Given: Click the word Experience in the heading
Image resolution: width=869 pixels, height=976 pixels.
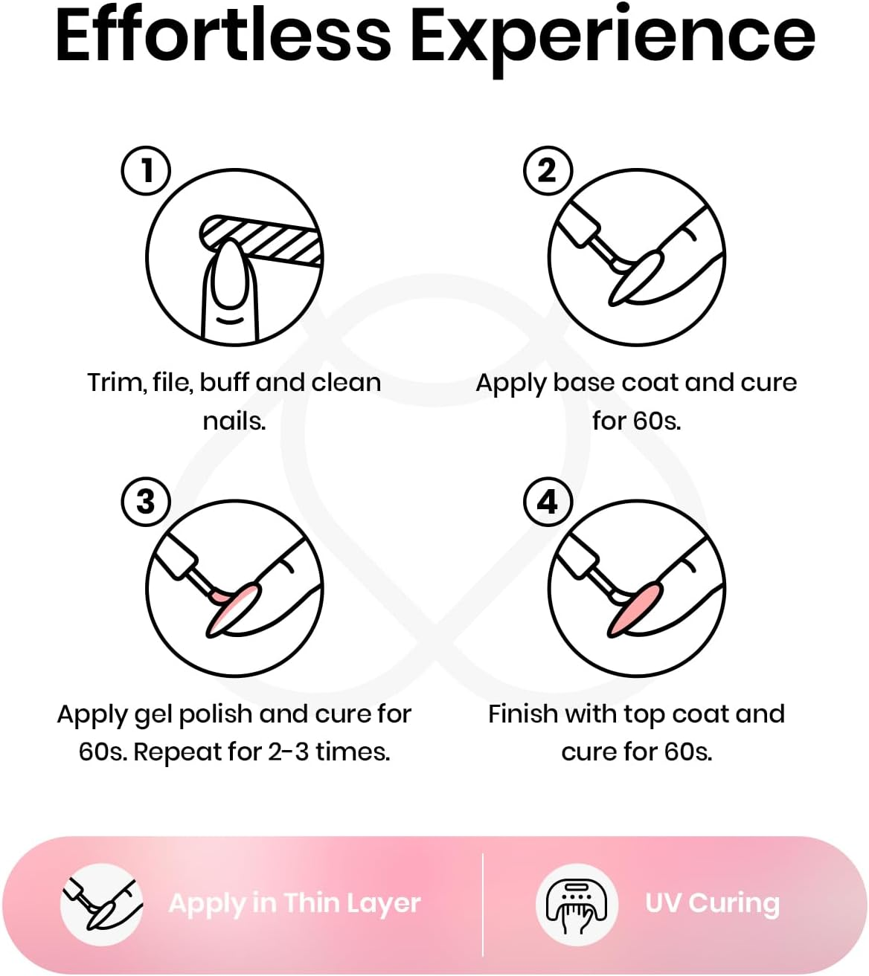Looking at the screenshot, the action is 612,40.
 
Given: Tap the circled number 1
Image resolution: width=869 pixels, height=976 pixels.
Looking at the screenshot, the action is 146,170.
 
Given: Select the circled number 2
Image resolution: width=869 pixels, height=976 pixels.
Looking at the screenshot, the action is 548,170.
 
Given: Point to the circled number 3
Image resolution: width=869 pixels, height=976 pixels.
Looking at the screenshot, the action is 146,502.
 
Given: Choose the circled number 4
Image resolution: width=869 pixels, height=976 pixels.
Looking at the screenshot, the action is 548,502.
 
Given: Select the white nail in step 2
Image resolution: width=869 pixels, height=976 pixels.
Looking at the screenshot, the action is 638,279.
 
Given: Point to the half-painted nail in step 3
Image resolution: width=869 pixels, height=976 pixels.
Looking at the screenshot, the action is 234,610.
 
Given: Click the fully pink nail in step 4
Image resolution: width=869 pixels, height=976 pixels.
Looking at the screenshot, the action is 637,609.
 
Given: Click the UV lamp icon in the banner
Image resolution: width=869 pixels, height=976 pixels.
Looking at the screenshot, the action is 577,904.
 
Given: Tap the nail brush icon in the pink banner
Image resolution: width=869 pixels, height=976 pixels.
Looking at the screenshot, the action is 102,904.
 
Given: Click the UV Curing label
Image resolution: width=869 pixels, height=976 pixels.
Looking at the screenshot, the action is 712,904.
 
